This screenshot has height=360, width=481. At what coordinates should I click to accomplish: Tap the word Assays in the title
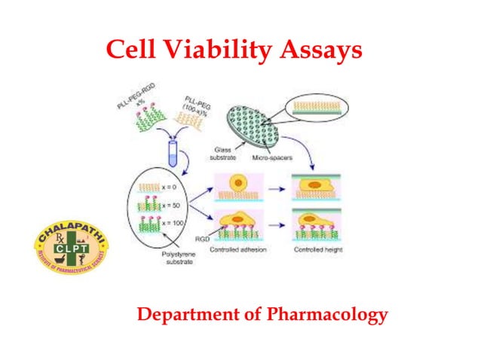(x=321, y=50)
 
